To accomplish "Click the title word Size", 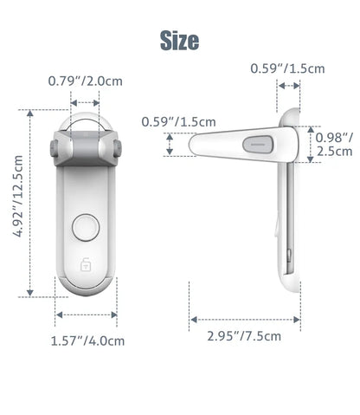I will coord(179,40).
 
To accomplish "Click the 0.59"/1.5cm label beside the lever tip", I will coord(178,122).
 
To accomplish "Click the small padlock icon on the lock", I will coord(87,266).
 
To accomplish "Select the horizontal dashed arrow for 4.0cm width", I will coord(87,315).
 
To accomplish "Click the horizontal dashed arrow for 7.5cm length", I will coord(245,319).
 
